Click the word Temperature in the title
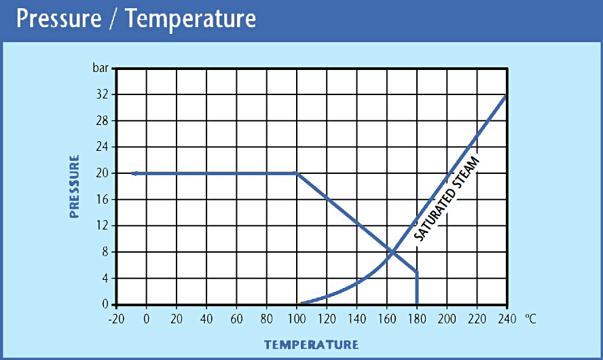pos(191,18)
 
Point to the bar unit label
pos(100,68)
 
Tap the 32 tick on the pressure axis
pos(102,94)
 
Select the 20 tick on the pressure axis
pos(102,173)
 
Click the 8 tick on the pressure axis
pos(105,252)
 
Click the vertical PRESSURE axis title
pos(75,186)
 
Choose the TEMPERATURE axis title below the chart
pos(311,344)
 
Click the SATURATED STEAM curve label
pos(446,199)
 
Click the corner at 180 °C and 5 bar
pos(416,272)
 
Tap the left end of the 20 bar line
pos(134,173)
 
